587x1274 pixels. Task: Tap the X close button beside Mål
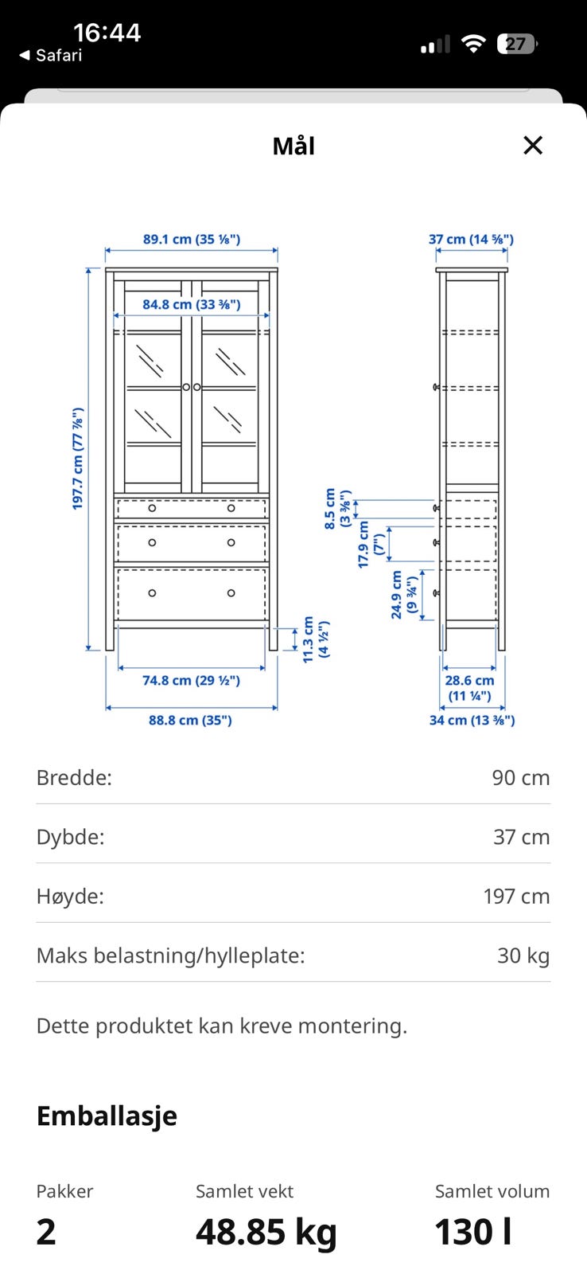532,145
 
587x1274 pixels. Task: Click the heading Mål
293,146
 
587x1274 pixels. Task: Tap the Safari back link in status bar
51,55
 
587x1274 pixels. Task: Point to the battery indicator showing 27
516,44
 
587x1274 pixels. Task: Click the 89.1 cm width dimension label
192,240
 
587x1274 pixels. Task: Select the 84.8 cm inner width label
192,304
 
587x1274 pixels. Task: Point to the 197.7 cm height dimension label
78,459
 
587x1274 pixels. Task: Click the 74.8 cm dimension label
191,680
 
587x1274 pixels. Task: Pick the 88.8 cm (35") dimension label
190,720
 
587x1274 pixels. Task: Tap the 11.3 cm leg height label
316,639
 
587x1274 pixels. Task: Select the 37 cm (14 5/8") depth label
471,240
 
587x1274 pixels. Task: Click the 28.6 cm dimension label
469,688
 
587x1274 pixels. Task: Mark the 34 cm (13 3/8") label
472,720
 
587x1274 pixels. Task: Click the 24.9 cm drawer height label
405,594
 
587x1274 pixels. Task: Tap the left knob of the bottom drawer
152,592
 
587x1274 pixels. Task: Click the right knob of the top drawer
231,508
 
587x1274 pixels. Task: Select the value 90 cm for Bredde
520,777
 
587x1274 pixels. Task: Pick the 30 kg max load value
523,955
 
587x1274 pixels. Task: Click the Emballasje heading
107,1116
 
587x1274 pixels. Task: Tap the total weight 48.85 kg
266,1232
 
